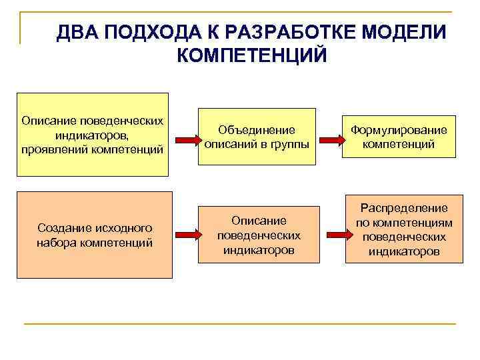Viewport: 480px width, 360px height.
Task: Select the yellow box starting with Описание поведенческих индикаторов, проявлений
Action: pyautogui.click(x=93, y=134)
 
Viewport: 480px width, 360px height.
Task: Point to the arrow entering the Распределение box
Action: pyautogui.click(x=331, y=235)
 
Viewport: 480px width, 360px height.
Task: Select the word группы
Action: pyautogui.click(x=293, y=142)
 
